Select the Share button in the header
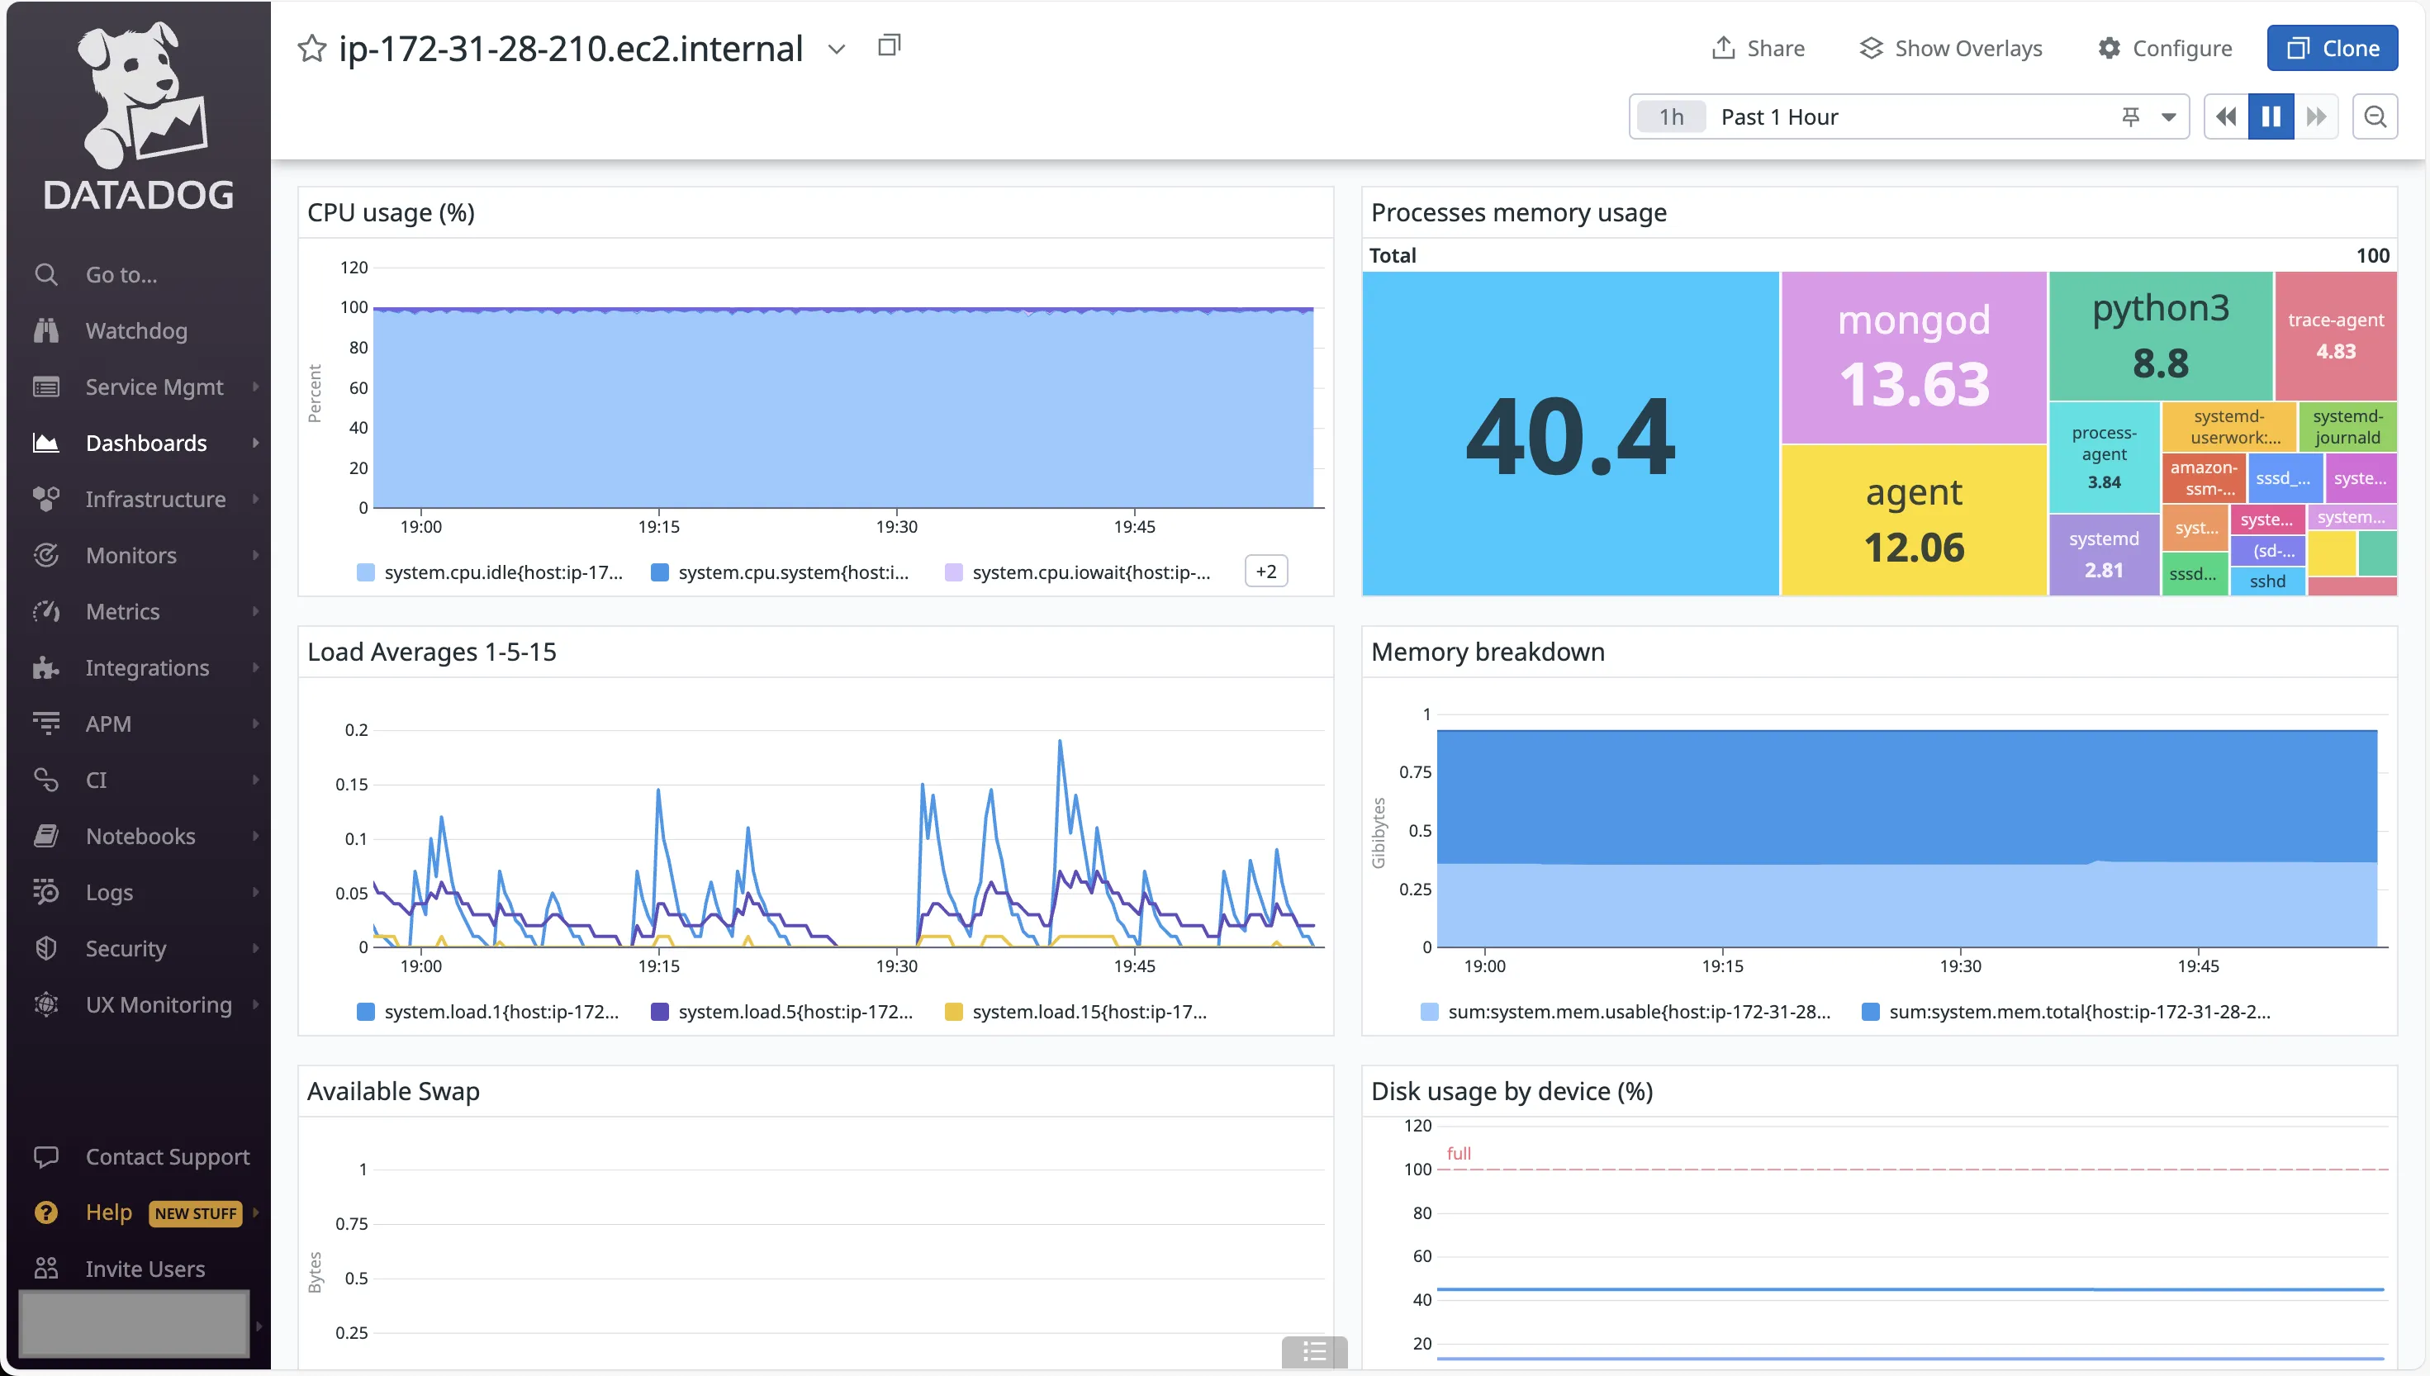pos(1758,48)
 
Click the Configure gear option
pos(2165,48)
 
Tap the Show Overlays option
pos(1951,48)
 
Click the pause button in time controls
pos(2271,116)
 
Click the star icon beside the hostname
pos(311,48)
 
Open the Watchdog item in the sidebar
pos(136,330)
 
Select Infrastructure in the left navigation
pos(155,499)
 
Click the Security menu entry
pos(126,948)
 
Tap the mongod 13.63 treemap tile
pos(1913,358)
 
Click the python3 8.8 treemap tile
pos(2160,335)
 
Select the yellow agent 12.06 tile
pos(1913,520)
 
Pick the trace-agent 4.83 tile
pos(2336,335)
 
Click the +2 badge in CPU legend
pos(1266,572)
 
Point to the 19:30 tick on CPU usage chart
pos(895,526)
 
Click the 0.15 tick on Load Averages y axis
pos(352,785)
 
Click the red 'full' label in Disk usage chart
pos(1459,1153)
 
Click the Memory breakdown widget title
pos(1487,652)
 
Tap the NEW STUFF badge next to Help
pos(196,1213)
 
